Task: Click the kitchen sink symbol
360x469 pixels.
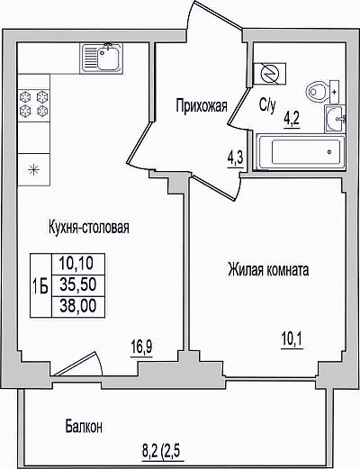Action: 102,58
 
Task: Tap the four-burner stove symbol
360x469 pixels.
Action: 34,105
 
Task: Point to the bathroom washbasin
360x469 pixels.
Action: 335,119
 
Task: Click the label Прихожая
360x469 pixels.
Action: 202,106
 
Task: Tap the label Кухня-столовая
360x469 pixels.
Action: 89,227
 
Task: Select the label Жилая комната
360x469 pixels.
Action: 268,270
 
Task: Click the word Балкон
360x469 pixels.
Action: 85,426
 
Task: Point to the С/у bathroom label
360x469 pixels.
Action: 267,106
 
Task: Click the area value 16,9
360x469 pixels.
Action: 141,347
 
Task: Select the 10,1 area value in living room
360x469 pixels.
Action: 292,340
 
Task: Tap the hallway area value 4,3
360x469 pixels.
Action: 235,159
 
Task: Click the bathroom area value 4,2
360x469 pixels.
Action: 292,120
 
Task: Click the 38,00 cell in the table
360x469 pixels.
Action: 78,306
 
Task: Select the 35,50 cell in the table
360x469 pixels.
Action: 78,285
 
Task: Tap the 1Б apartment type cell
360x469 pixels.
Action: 40,286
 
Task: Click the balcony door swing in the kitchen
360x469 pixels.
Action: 78,364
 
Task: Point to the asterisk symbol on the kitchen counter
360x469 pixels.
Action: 33,170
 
